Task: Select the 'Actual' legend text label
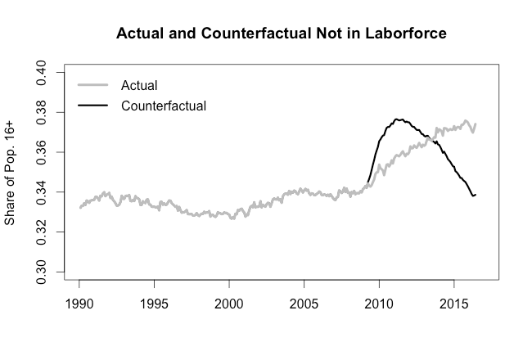(x=139, y=85)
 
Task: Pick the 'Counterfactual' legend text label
(x=163, y=106)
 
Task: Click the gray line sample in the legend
(x=92, y=85)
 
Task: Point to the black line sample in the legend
(x=92, y=106)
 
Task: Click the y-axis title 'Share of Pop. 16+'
(x=11, y=173)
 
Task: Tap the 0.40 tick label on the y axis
(x=47, y=73)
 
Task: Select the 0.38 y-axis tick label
(x=47, y=112)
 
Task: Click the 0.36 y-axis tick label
(x=47, y=152)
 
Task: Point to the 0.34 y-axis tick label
(x=47, y=192)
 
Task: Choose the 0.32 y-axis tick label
(x=47, y=232)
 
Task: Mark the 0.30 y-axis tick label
(x=47, y=272)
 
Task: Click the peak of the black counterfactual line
(x=398, y=119)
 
